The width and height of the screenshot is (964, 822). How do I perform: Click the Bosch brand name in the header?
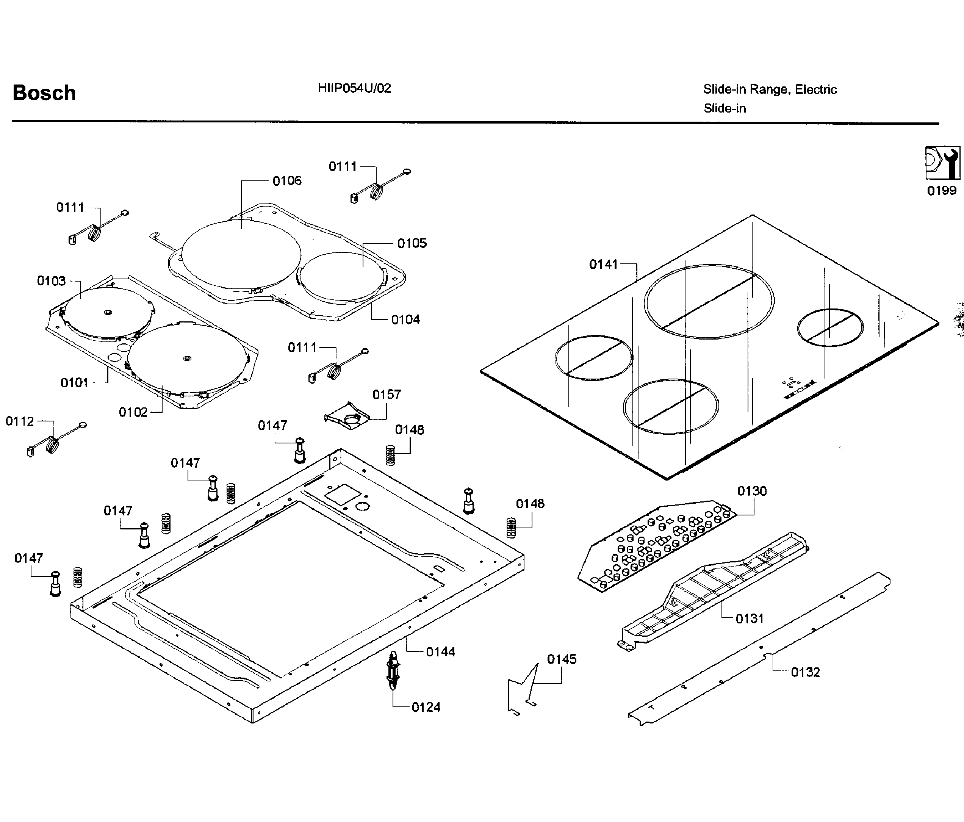[x=44, y=93]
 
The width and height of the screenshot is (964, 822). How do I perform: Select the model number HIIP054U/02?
[x=355, y=88]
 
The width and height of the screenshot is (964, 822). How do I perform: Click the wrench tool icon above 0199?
[x=942, y=163]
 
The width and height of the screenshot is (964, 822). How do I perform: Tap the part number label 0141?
[x=603, y=264]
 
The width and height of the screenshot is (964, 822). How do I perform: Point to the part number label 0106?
[x=287, y=181]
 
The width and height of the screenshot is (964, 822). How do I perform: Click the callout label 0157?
[x=386, y=395]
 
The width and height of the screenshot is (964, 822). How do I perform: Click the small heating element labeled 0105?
[x=342, y=276]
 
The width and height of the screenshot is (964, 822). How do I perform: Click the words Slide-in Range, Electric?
[x=770, y=89]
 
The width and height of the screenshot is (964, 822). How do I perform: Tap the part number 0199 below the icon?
[x=942, y=191]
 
